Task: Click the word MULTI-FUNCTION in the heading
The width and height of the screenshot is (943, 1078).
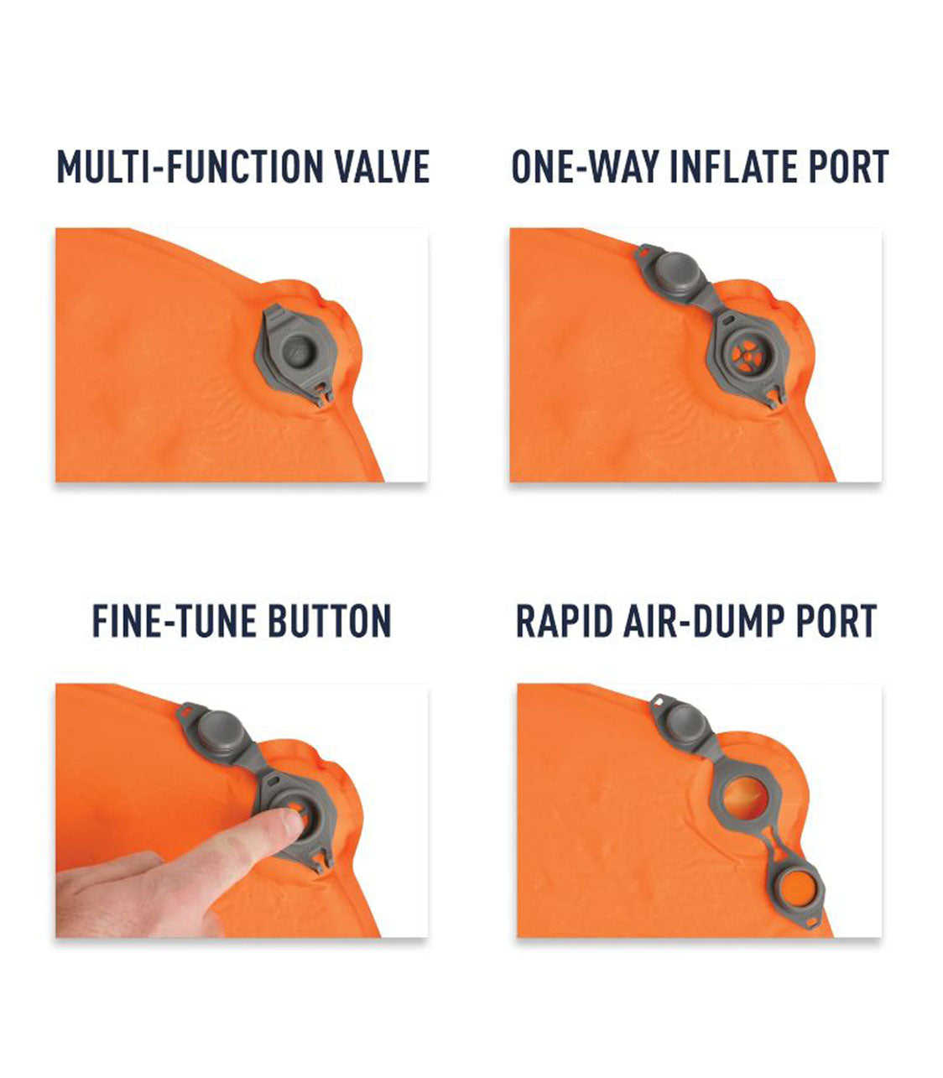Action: (x=189, y=166)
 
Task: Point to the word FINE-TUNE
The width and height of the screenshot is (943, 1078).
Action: (x=172, y=622)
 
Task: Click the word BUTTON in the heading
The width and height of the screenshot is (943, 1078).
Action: (x=329, y=622)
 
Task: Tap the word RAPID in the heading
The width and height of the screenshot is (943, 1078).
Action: (x=563, y=622)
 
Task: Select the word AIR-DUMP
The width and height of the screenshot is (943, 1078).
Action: (x=702, y=622)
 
